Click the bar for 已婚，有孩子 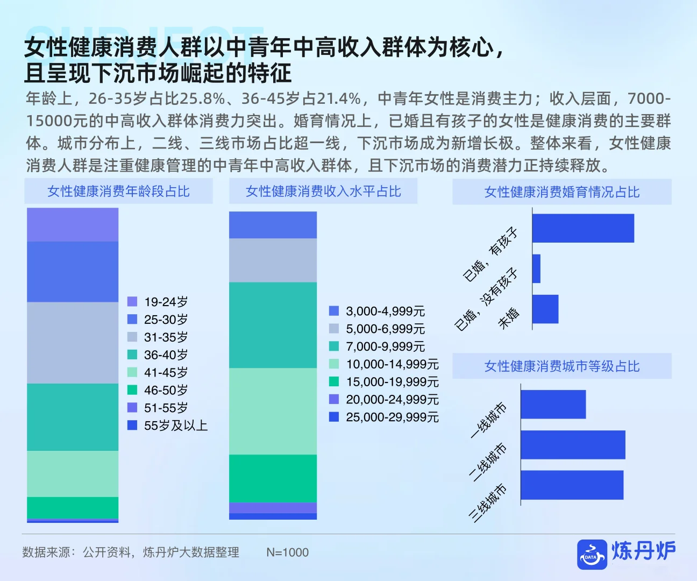[583, 228]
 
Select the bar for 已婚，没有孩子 [536, 268]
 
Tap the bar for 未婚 [545, 309]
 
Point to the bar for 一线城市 [553, 404]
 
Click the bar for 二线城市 [573, 444]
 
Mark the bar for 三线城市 [572, 485]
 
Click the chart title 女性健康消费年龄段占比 [118, 192]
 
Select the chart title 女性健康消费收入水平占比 [323, 192]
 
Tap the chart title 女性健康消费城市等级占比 [562, 366]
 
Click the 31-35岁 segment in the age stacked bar [73, 343]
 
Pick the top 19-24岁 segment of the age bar [73, 225]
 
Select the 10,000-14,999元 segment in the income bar [273, 411]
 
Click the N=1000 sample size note [287, 552]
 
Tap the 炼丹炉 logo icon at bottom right [592, 555]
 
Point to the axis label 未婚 [509, 318]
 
